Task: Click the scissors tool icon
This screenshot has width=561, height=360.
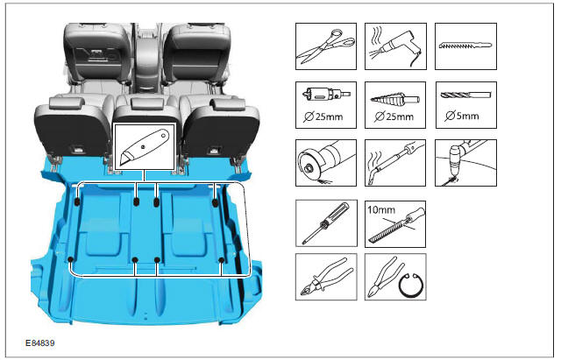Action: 326,46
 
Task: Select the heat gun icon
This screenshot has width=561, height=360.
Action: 395,46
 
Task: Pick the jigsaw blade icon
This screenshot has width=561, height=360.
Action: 465,46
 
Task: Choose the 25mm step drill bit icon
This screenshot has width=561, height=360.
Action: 394,98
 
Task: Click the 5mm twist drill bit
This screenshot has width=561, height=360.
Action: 465,95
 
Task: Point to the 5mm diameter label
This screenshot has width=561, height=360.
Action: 462,116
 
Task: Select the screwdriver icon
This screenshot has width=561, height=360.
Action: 326,223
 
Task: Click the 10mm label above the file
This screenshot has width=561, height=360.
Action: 381,209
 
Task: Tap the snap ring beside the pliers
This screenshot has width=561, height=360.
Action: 411,285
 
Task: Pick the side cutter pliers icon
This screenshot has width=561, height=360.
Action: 326,277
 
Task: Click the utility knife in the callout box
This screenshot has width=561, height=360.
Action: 144,147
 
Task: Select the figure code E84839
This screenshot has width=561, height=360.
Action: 40,343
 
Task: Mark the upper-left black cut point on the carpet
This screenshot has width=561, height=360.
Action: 77,202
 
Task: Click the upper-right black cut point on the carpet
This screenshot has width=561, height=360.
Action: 215,203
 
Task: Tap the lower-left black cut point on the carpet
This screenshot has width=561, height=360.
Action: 70,259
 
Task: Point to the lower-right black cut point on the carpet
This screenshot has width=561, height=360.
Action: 222,260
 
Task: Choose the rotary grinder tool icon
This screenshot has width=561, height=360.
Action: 326,163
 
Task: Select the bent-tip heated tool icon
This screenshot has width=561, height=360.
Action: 395,163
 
